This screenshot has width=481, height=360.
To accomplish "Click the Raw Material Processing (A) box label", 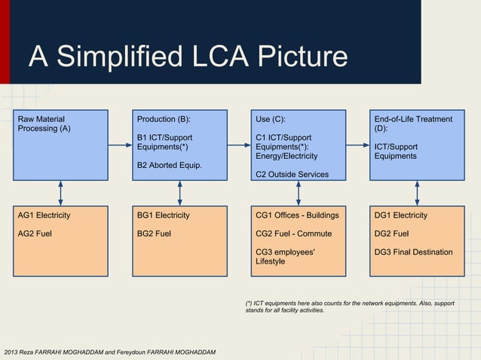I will [44, 124].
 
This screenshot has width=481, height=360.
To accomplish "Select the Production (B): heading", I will [164, 119].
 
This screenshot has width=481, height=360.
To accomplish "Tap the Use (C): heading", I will [271, 119].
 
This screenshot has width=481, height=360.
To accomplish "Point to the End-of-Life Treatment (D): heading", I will [413, 124].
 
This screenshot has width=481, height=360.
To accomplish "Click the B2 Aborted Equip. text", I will [169, 165].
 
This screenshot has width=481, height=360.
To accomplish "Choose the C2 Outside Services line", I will [292, 175].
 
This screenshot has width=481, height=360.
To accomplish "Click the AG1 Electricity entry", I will [44, 215].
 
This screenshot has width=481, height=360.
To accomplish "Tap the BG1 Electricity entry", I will [163, 215].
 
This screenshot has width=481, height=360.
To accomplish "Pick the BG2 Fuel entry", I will [154, 233].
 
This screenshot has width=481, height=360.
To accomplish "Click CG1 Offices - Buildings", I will [297, 215].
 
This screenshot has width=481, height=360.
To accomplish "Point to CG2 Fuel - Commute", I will [293, 233].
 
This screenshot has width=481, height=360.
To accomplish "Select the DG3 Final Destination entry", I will [413, 252].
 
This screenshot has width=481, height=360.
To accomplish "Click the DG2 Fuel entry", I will [391, 233].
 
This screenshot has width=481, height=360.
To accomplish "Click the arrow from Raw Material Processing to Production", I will [119, 145].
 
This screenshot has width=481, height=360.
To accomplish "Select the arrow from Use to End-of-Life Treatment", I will [357, 145].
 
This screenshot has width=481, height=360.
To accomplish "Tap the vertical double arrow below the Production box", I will [179, 192].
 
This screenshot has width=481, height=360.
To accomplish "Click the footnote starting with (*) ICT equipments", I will [344, 307].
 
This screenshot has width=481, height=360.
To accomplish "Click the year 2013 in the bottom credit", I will [12, 352].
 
